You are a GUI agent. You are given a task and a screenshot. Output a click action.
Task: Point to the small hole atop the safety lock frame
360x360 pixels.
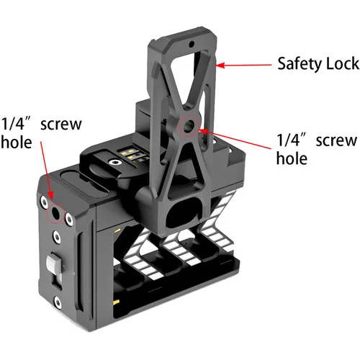pyautogui.click(x=192, y=44)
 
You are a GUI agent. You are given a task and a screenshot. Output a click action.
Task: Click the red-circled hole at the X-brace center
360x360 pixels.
pyautogui.click(x=189, y=125)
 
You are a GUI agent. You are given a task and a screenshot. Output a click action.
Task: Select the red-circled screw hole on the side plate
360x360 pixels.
pyautogui.click(x=55, y=212)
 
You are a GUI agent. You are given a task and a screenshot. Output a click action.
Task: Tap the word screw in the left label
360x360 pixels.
pyautogui.click(x=61, y=125)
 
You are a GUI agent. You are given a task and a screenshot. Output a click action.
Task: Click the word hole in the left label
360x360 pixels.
pyautogui.click(x=17, y=142)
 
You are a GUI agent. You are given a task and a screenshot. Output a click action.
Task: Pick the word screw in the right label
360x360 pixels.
pyautogui.click(x=336, y=140)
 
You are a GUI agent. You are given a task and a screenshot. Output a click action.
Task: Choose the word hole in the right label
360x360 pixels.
pyautogui.click(x=292, y=158)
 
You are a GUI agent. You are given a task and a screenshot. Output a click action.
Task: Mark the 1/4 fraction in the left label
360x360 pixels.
pyautogui.click(x=13, y=124)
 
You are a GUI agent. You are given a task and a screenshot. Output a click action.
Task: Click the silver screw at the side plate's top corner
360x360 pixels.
pyautogui.click(x=44, y=202)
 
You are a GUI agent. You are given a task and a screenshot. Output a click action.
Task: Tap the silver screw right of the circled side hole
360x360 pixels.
pyautogui.click(x=69, y=219)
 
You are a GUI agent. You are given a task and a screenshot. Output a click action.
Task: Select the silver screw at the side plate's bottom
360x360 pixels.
pyautogui.click(x=58, y=302)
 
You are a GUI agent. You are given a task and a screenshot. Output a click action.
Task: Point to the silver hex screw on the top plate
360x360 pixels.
pyautogui.click(x=114, y=163)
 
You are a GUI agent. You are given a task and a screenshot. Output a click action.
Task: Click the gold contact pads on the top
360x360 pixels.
pyautogui.click(x=130, y=154)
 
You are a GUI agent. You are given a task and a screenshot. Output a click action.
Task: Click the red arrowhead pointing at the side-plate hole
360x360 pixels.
pyautogui.click(x=50, y=196)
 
